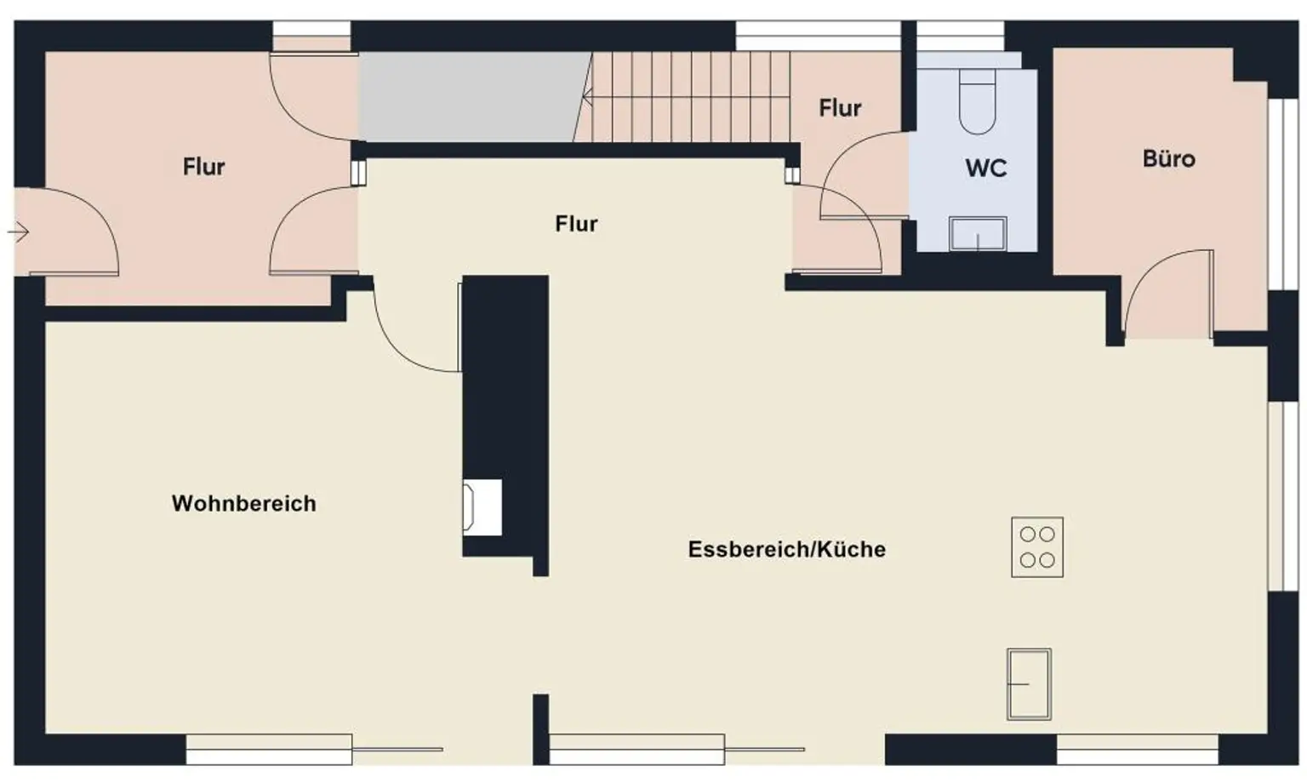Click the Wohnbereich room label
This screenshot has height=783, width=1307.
pos(243,503)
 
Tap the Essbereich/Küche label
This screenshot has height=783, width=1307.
pos(786,549)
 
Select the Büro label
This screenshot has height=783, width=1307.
pos(1168,159)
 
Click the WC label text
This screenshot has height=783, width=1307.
pos(985,169)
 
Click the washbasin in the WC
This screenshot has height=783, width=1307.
pos(978,234)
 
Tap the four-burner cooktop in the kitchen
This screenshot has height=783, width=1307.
pos(1036,547)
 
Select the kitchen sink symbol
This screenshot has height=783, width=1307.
pos(1029,683)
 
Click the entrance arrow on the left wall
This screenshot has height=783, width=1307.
pos(20,231)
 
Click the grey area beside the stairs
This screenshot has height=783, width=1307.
pos(472,96)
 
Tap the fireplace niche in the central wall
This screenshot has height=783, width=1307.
pos(482,507)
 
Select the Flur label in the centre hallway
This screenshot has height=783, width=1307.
pos(576,224)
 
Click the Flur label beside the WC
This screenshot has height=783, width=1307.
pos(840,108)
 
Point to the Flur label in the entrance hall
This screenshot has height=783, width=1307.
pos(203,167)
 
